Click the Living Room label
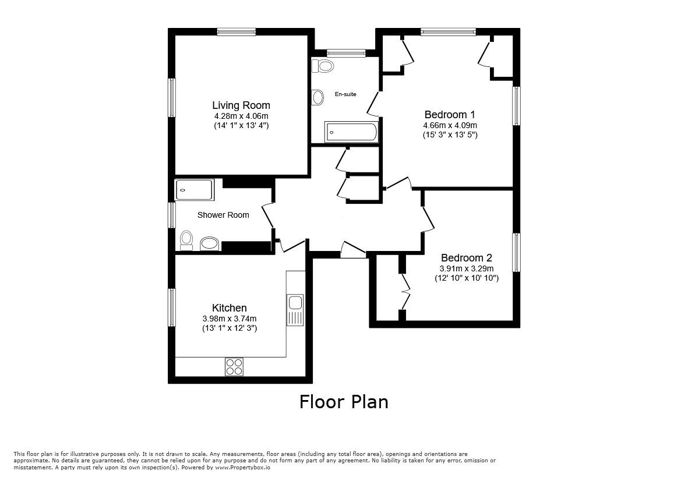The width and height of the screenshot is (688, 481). [241, 105]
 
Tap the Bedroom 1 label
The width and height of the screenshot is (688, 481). [450, 115]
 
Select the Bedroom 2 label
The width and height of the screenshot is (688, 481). [467, 258]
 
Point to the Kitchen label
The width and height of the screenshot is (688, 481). [230, 308]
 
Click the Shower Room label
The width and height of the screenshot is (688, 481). [223, 215]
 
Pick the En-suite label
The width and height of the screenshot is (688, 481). [346, 94]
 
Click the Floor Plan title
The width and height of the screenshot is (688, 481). [344, 402]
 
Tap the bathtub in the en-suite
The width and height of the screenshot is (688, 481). [351, 132]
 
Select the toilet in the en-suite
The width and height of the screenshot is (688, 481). [323, 66]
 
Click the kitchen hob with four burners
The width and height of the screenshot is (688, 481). [234, 366]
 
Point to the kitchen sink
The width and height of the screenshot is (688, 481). [295, 310]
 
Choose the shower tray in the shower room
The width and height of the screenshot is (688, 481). [195, 190]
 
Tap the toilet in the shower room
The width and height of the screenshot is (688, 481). [186, 240]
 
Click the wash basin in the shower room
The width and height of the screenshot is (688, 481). [210, 244]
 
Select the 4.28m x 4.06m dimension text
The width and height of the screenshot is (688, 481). [241, 116]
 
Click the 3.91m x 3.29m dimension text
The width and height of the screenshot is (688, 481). [467, 268]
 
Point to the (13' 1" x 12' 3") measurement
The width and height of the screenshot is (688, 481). [230, 327]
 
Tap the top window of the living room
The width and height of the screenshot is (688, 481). [236, 31]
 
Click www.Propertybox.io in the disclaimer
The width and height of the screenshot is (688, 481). [242, 468]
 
